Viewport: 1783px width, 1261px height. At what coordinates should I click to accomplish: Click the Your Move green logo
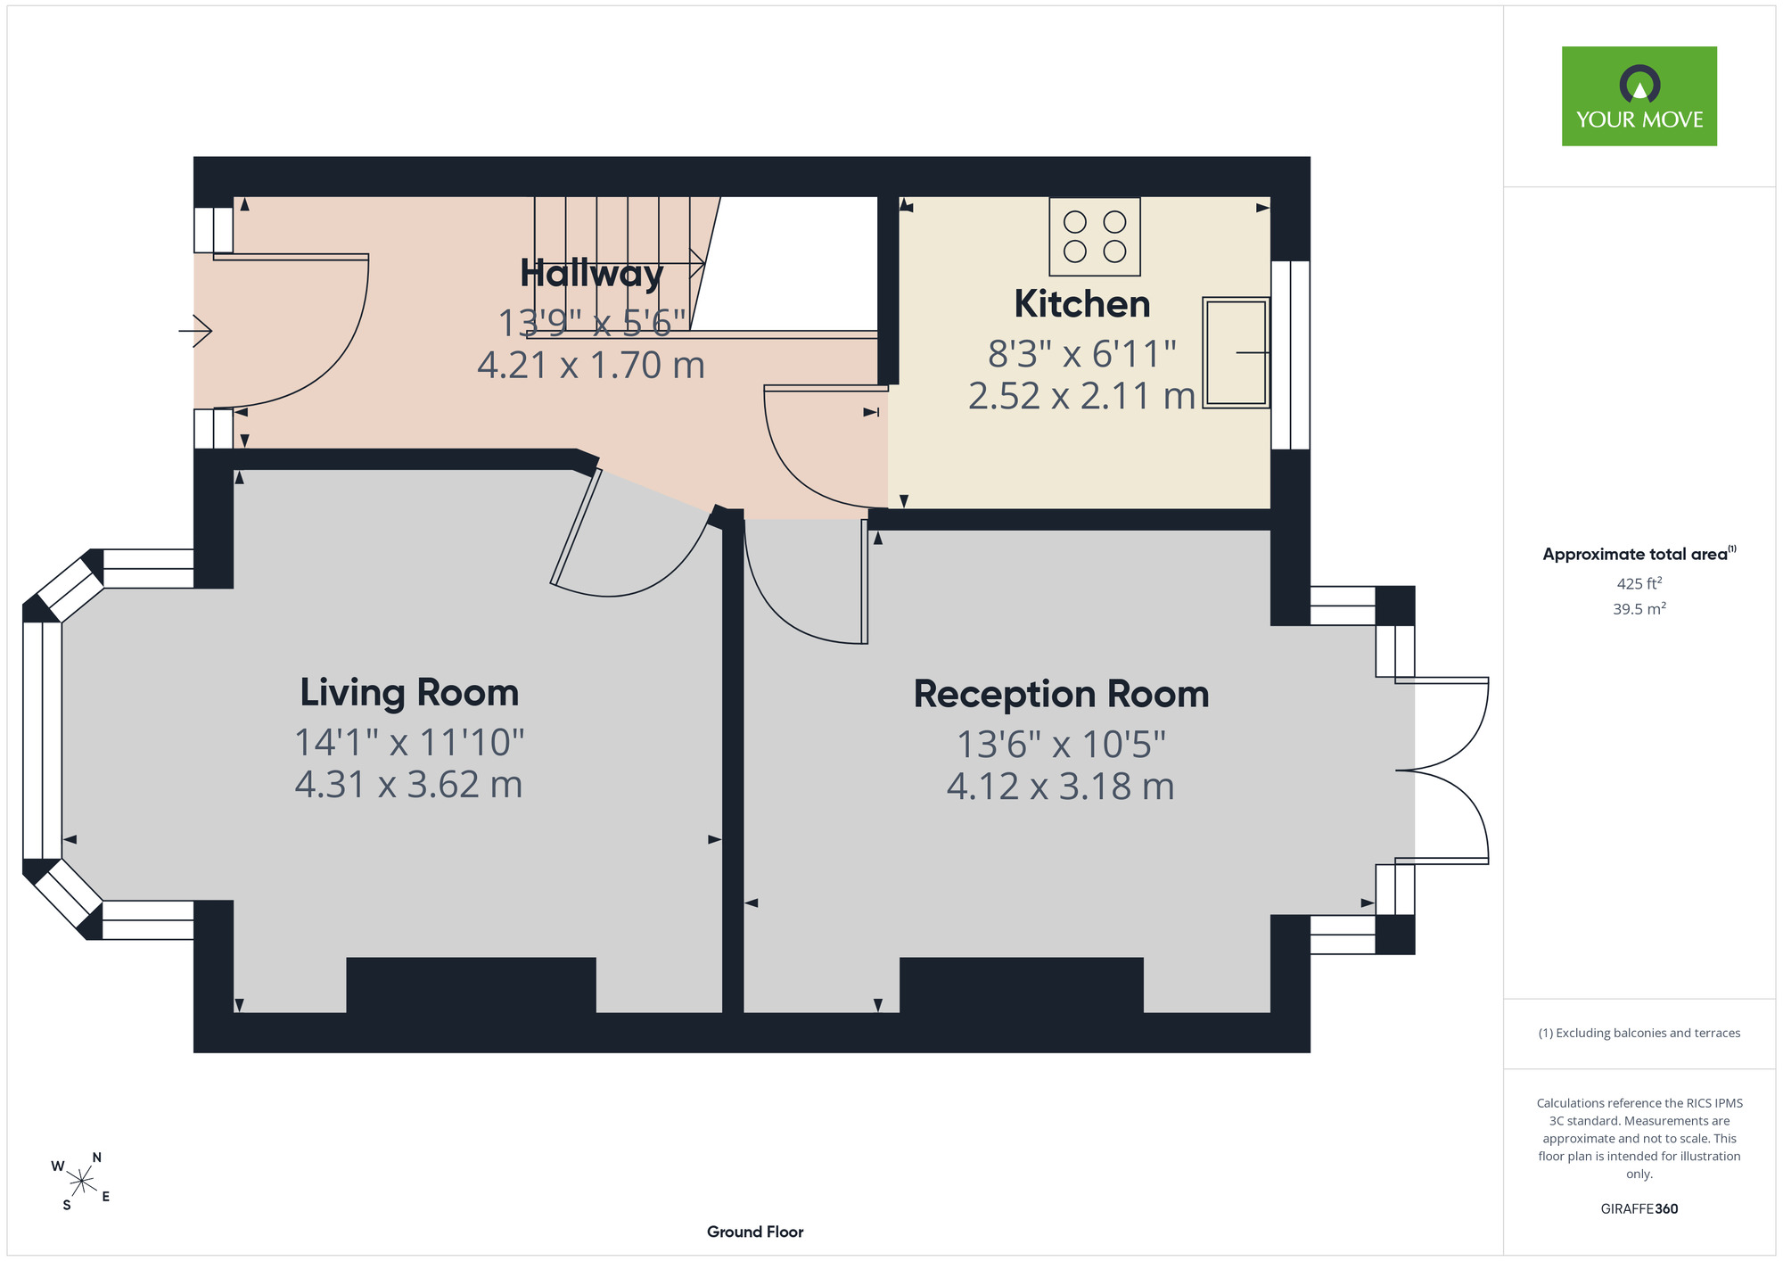pyautogui.click(x=1639, y=96)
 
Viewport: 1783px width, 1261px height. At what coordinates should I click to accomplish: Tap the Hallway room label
pyautogui.click(x=592, y=274)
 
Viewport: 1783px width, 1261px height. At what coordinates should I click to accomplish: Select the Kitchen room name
pyautogui.click(x=1082, y=304)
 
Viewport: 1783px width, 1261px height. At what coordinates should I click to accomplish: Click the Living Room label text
pyautogui.click(x=409, y=693)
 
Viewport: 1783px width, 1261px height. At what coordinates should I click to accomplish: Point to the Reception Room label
pyautogui.click(x=1061, y=694)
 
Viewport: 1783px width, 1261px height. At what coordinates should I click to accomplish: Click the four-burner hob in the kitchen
pyautogui.click(x=1095, y=236)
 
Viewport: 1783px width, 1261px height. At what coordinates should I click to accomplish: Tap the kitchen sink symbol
pyautogui.click(x=1236, y=352)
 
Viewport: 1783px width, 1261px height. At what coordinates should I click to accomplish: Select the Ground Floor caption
pyautogui.click(x=755, y=1232)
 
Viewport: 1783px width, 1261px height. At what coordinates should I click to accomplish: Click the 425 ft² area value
pyautogui.click(x=1639, y=583)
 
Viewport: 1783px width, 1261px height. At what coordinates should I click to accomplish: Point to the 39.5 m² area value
pyautogui.click(x=1639, y=609)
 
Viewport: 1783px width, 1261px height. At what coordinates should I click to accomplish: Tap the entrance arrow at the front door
pyautogui.click(x=195, y=331)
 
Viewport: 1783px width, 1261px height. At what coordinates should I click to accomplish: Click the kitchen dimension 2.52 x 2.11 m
pyautogui.click(x=1081, y=396)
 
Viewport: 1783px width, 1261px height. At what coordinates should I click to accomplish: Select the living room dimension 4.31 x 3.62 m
pyautogui.click(x=408, y=785)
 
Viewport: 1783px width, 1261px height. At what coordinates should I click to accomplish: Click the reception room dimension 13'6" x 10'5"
pyautogui.click(x=1061, y=744)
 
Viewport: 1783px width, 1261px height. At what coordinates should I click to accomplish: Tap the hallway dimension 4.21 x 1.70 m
pyautogui.click(x=591, y=366)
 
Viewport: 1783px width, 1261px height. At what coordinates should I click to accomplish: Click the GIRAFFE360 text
pyautogui.click(x=1639, y=1209)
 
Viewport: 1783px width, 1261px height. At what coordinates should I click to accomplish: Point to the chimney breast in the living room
pyautogui.click(x=471, y=985)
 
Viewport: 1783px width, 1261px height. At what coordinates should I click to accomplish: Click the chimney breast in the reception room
pyautogui.click(x=1022, y=985)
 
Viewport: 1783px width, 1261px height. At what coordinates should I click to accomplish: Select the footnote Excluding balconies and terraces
pyautogui.click(x=1639, y=1033)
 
